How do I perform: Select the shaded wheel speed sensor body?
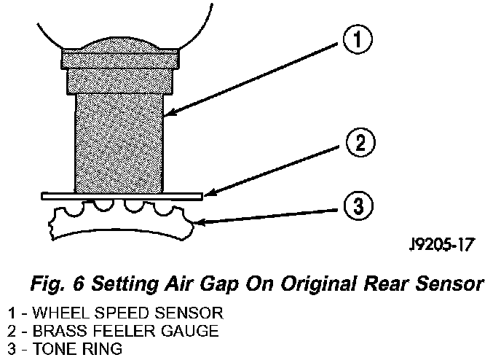(119, 138)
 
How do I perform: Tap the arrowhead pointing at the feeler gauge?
(208, 192)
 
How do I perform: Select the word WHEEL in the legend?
(51, 313)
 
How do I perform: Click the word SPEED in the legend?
(104, 313)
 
